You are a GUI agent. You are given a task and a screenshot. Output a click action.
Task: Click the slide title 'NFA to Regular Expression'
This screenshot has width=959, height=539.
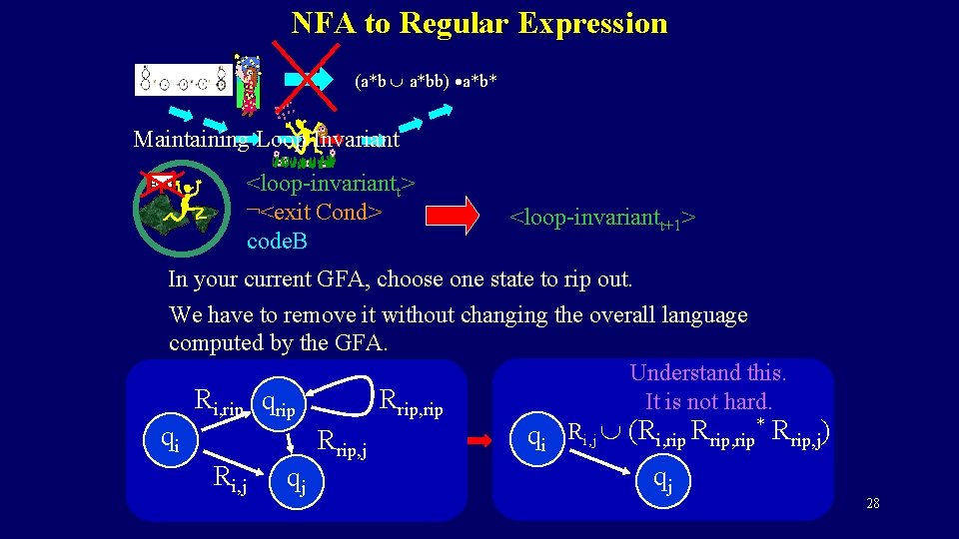tap(479, 23)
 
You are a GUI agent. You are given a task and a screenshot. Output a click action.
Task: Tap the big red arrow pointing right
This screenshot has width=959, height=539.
tap(452, 216)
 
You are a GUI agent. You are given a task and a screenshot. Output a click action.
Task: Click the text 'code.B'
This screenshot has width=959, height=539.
tap(277, 242)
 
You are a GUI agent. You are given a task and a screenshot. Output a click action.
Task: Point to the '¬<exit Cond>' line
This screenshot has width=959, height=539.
tap(314, 213)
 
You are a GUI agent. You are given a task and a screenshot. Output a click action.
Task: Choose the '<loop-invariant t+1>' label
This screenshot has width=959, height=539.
tap(602, 218)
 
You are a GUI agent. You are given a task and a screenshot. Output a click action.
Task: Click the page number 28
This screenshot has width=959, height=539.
tap(873, 503)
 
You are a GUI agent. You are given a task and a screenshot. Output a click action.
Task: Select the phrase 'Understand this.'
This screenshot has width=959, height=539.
tap(707, 373)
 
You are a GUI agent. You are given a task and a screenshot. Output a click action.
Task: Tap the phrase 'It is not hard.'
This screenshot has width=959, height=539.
tap(708, 402)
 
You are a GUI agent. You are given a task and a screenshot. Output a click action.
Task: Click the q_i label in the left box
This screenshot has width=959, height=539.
tap(172, 438)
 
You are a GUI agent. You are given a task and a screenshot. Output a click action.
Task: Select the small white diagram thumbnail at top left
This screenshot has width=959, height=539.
tap(183, 80)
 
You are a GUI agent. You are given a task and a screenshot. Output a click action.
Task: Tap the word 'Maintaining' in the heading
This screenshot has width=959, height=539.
tap(191, 140)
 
